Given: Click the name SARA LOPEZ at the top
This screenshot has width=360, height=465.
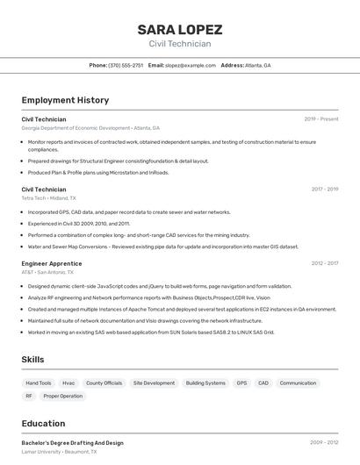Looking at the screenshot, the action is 179,29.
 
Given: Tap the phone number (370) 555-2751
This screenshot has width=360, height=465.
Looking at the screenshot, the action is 125,65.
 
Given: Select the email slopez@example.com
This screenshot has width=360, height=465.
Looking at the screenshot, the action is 189,65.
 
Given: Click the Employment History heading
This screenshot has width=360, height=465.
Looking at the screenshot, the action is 65,100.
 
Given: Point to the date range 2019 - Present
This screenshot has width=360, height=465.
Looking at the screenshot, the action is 320,118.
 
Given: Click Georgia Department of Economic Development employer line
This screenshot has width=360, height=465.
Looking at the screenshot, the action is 90,128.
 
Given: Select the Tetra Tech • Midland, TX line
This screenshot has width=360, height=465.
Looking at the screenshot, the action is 48,198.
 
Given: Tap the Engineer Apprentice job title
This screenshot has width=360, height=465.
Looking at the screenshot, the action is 52,262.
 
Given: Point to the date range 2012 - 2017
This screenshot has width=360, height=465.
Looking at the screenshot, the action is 324,262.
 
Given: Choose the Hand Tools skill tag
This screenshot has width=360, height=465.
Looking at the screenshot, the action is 39,383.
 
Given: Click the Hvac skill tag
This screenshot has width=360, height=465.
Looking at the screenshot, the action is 68,383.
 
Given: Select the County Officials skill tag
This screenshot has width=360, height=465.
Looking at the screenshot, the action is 104,383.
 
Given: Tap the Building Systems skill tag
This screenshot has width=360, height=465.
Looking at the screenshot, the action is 205,383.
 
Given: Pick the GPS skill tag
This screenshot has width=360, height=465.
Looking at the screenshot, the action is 241,383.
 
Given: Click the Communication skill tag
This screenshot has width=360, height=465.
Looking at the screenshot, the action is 298,383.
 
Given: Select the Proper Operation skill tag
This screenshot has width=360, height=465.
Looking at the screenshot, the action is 63,396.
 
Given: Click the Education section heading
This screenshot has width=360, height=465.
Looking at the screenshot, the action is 43,423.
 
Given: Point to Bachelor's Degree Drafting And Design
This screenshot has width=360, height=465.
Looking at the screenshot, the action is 72,443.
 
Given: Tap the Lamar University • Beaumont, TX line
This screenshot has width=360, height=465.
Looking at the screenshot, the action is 59,452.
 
